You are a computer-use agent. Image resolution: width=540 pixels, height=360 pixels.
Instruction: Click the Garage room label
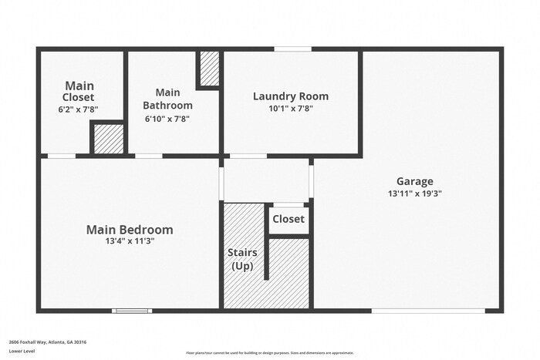[x=415, y=182]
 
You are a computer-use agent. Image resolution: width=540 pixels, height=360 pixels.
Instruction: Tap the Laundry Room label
[x=291, y=96]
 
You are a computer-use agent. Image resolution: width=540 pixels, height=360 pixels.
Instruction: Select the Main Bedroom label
[x=130, y=230]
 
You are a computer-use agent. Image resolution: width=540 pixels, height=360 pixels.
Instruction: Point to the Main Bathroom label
[x=168, y=99]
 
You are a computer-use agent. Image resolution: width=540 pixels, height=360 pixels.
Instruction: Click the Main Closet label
[x=79, y=91]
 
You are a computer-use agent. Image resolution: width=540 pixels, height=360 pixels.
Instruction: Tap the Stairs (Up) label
[x=242, y=259]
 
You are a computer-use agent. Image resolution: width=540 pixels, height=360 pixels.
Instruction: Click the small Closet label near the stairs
[x=289, y=219]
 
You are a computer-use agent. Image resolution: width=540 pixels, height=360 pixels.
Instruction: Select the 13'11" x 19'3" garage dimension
[x=415, y=194]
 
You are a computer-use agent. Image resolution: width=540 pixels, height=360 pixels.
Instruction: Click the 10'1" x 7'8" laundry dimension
[x=291, y=109]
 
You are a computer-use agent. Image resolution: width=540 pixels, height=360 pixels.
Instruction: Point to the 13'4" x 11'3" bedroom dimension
[x=130, y=241]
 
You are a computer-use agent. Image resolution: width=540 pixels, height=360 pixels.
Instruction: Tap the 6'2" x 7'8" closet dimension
[x=79, y=109]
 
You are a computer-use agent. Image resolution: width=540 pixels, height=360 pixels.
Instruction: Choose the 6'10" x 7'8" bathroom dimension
[x=167, y=119]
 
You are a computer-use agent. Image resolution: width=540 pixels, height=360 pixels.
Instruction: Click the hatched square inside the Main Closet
[x=108, y=139]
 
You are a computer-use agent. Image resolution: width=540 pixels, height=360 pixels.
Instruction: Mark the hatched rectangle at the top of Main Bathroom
[x=209, y=69]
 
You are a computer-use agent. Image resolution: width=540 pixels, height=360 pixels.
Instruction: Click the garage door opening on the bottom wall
[x=428, y=311]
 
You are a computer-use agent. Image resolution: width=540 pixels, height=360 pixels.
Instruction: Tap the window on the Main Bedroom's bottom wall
[x=132, y=311]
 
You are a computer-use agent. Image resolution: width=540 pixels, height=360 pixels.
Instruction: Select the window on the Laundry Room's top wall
[x=293, y=49]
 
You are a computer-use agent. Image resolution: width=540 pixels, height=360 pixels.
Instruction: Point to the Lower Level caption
[x=22, y=351]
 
